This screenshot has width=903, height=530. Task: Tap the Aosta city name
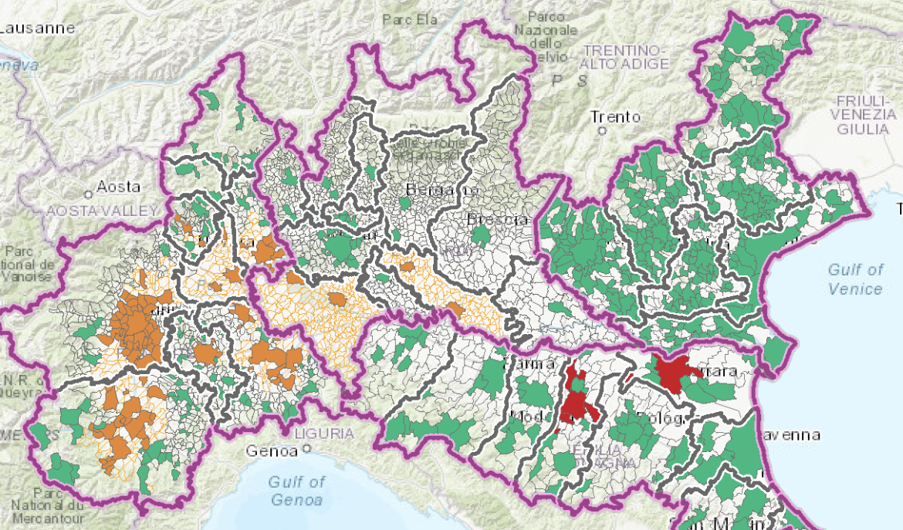tap(118, 187)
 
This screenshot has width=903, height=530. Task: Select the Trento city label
tap(615, 117)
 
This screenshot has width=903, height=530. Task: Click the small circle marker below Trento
tap(602, 131)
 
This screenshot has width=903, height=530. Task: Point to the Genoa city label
tap(272, 449)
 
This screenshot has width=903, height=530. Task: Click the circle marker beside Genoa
tap(306, 448)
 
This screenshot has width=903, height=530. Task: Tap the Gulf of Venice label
tap(855, 279)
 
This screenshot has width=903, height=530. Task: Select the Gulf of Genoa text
tap(296, 491)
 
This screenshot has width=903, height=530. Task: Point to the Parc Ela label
tap(411, 20)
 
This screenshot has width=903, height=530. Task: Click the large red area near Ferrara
tap(673, 374)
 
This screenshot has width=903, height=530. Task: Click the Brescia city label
tap(498, 219)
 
